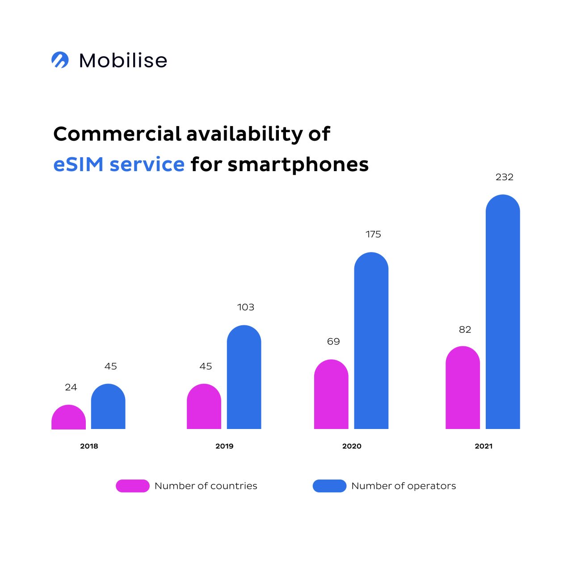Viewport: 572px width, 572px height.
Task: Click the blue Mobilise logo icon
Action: [x=60, y=60]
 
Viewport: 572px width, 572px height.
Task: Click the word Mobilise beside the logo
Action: [x=123, y=61]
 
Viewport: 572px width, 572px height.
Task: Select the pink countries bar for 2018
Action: [x=68, y=417]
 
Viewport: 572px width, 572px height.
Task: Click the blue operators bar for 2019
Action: [x=244, y=378]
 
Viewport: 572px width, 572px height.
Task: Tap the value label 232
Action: [x=505, y=177]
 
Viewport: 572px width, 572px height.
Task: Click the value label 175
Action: [x=373, y=234]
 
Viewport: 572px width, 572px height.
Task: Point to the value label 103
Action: [x=246, y=307]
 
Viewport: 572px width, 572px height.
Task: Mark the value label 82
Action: [x=465, y=329]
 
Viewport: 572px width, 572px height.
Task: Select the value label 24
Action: [x=71, y=387]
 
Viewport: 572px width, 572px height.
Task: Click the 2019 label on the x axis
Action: [x=224, y=446]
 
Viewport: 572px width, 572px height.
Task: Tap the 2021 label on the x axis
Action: [x=484, y=446]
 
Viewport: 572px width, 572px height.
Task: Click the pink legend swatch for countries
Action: [x=133, y=486]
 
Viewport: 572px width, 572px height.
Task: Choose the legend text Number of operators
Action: [x=404, y=486]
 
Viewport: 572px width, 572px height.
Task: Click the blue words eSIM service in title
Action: [x=119, y=164]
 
